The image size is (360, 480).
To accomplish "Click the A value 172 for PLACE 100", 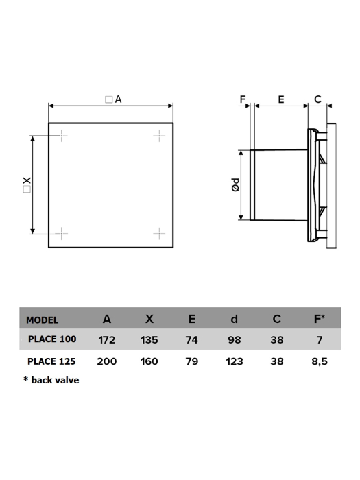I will (107, 339).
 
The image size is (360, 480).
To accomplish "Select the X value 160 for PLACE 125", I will (149, 361).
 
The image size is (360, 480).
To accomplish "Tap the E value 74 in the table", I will (192, 339).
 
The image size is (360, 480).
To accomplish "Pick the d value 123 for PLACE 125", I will (235, 361).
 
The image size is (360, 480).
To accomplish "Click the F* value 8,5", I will (320, 361).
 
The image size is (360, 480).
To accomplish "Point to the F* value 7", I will (320, 339).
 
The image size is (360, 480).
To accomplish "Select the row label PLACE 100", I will (52, 339).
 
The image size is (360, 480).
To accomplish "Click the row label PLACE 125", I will (52, 361).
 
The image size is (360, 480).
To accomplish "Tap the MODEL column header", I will (43, 320).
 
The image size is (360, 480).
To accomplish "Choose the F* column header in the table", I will (320, 319).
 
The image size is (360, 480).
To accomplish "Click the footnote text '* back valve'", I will (51, 380).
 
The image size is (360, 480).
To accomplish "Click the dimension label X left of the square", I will (26, 184).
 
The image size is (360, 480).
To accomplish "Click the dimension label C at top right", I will (317, 99).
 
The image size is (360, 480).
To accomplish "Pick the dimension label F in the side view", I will (243, 99).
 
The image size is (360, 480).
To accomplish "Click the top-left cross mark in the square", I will (62, 136).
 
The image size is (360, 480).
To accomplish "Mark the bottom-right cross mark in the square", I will (158, 233).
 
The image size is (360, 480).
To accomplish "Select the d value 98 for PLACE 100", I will (235, 339).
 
